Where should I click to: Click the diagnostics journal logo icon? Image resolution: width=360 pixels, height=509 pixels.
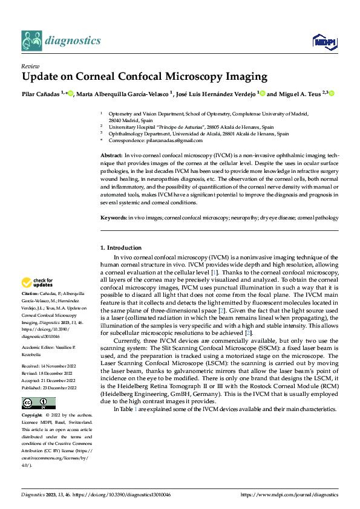point(31,40)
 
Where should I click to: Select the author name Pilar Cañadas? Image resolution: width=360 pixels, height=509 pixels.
point(41,94)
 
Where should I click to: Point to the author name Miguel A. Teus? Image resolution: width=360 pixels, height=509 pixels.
point(298,94)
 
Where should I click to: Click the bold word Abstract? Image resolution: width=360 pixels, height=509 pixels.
point(111,156)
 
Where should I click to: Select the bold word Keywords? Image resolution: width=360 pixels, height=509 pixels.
point(113,216)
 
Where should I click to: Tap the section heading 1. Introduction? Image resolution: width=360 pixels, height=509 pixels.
point(121,248)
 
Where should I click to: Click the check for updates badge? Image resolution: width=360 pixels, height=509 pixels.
point(38,282)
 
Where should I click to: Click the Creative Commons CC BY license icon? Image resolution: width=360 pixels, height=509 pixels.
point(38,403)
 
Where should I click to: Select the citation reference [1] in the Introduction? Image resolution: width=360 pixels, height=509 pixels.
point(214,273)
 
